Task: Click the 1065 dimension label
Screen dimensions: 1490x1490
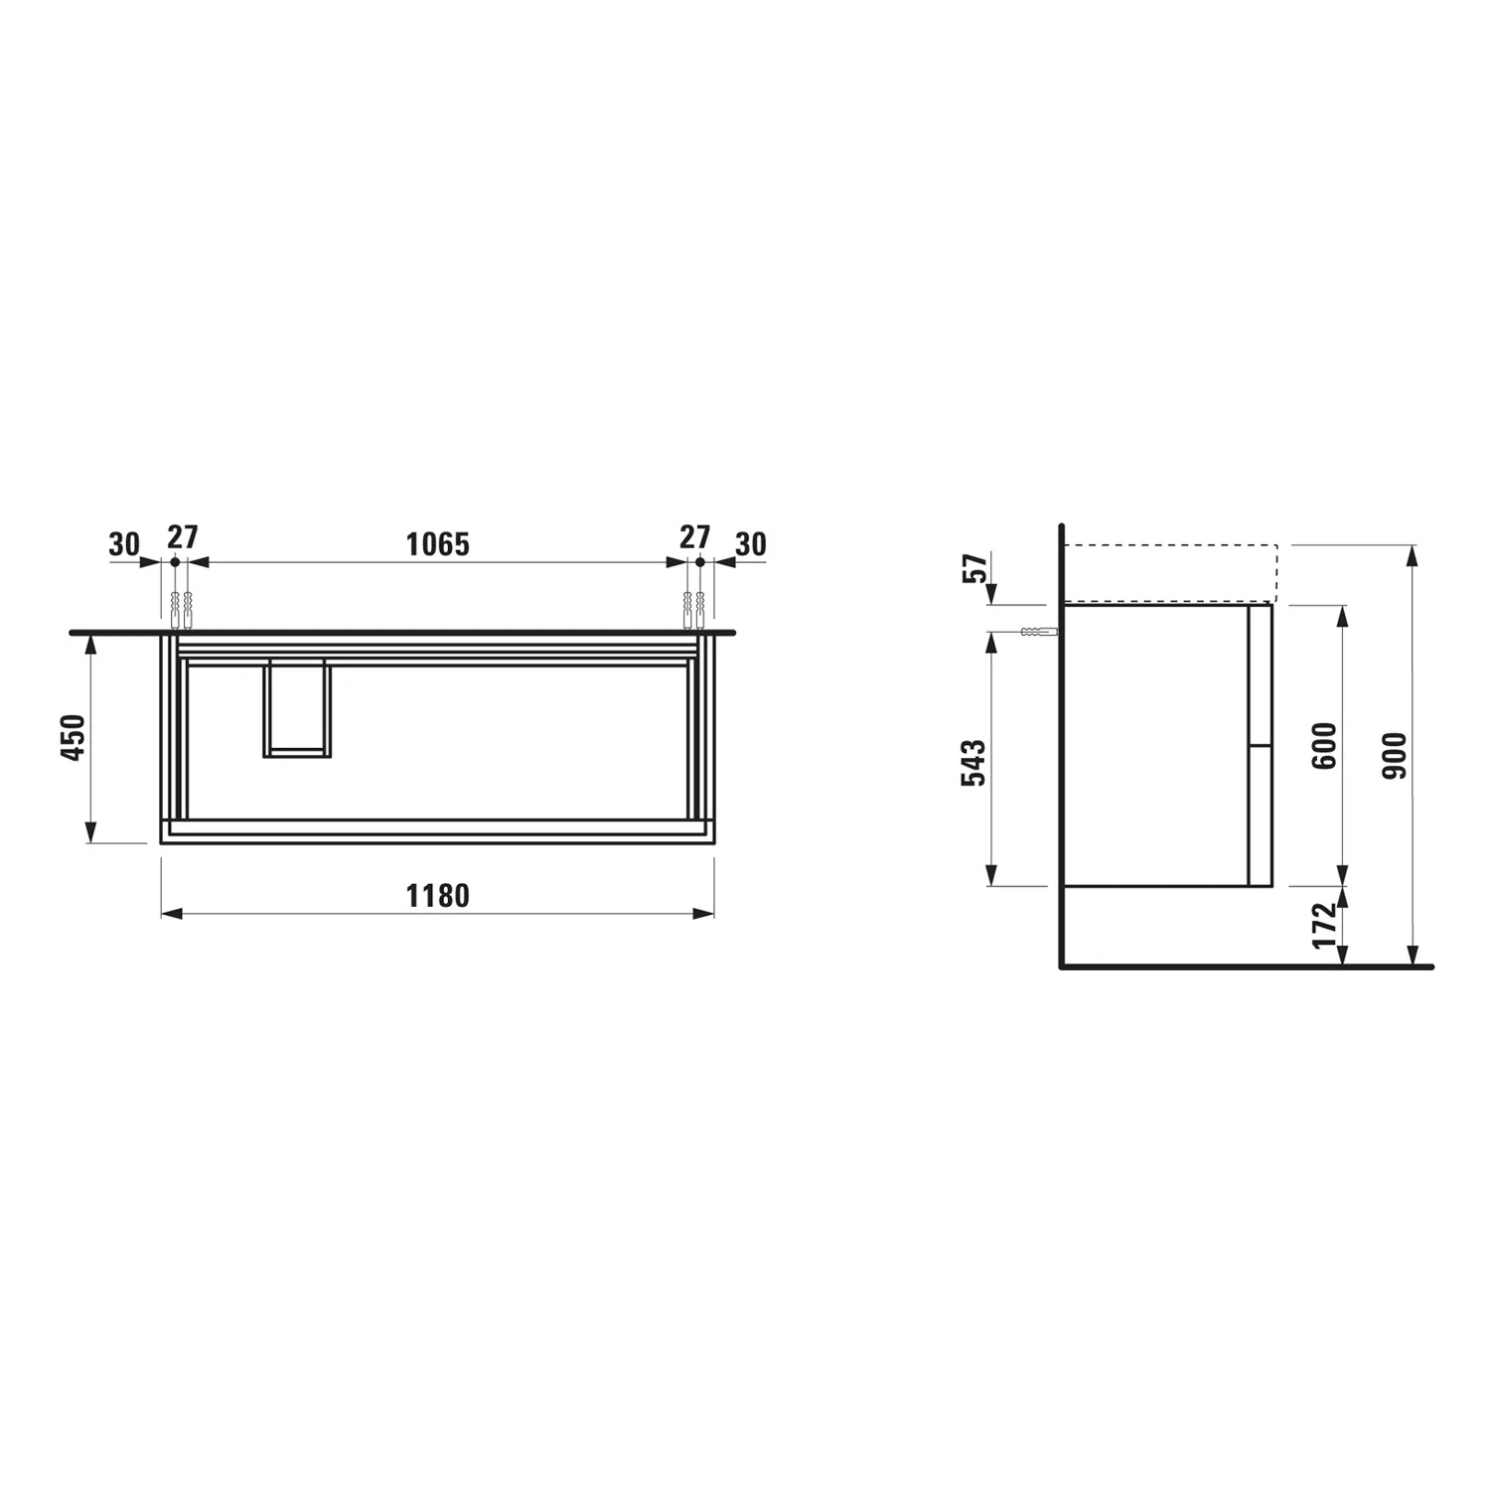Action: tap(437, 544)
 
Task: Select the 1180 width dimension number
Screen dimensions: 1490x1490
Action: tap(437, 896)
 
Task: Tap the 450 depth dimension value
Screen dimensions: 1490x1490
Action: tap(74, 736)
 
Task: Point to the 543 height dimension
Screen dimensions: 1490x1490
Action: tap(974, 762)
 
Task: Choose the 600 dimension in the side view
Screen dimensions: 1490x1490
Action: tap(1325, 745)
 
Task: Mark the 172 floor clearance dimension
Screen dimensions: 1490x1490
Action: tap(1325, 925)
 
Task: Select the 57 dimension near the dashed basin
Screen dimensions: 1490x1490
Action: tap(977, 568)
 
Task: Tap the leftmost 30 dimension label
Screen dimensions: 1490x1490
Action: tap(124, 544)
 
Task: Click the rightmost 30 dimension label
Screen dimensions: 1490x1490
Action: tap(751, 544)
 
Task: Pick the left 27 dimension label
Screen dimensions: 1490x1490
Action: tap(182, 537)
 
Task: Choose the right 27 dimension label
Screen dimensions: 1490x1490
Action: tap(694, 537)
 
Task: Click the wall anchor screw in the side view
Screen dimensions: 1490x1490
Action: tap(1038, 632)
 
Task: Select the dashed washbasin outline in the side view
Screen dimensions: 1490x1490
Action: tap(1170, 573)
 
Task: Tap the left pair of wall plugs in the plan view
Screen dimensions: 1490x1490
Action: tap(181, 610)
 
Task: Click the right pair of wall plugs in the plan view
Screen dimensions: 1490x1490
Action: tap(693, 610)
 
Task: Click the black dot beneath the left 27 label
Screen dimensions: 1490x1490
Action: tap(175, 562)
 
